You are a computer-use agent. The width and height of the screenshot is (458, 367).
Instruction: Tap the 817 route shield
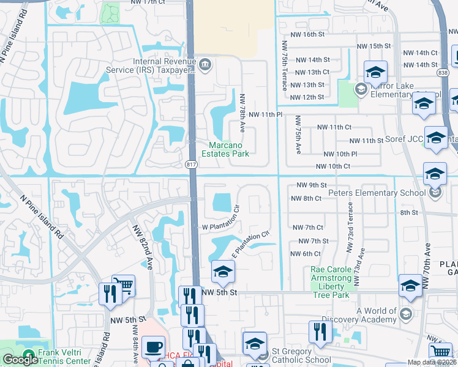click(x=190, y=165)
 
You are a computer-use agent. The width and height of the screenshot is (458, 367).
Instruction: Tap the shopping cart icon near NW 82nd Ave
click(x=124, y=284)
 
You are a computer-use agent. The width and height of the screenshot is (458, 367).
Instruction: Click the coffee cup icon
click(x=152, y=347)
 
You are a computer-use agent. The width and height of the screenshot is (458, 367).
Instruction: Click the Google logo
click(x=20, y=360)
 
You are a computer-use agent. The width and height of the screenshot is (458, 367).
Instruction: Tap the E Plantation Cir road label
click(x=250, y=243)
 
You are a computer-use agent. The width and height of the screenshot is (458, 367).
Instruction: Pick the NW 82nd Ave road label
click(x=142, y=245)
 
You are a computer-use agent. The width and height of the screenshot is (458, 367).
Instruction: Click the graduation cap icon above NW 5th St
click(x=223, y=273)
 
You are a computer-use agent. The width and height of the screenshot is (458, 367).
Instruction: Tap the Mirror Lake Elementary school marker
click(x=361, y=90)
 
